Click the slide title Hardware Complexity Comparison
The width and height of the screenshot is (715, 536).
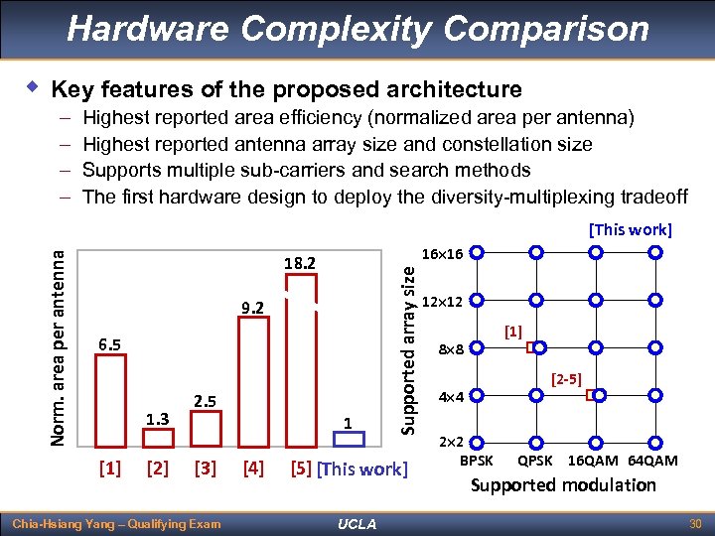click(357, 28)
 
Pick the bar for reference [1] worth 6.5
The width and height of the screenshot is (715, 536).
click(109, 397)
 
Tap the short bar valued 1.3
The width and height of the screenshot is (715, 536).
click(157, 437)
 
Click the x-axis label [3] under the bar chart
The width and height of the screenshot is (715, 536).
click(206, 468)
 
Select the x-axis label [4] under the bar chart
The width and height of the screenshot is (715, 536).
click(253, 468)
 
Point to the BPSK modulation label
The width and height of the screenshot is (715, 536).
click(477, 461)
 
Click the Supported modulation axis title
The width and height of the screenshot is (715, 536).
click(563, 485)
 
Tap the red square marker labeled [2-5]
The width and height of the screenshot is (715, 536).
click(590, 396)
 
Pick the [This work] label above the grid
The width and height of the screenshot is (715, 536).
click(631, 229)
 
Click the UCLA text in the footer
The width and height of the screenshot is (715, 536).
click(357, 523)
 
